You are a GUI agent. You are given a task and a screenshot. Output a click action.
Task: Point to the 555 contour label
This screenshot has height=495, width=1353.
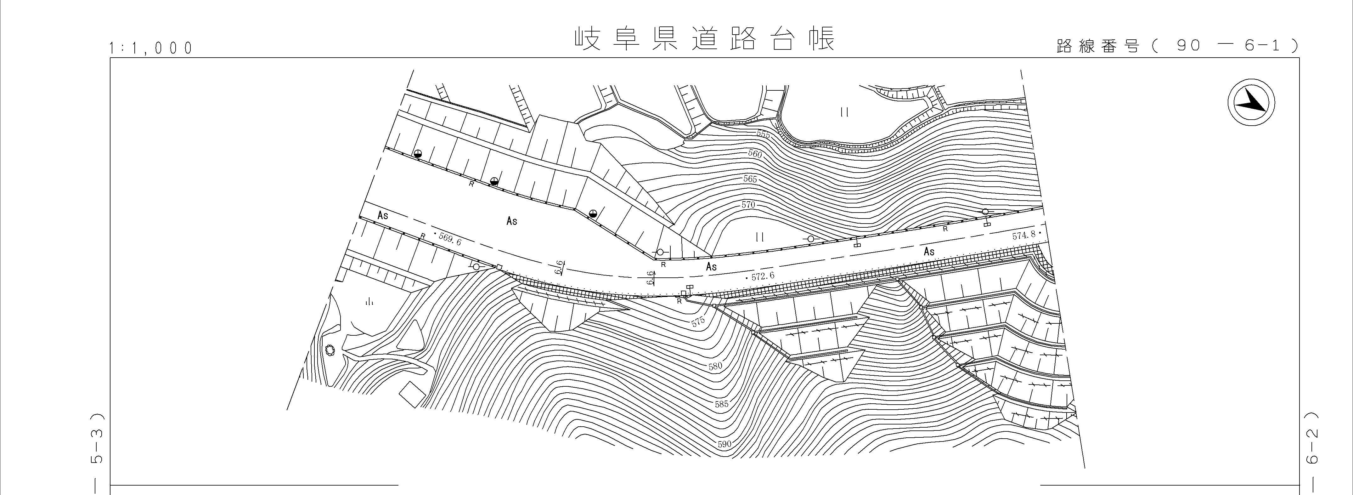(763, 134)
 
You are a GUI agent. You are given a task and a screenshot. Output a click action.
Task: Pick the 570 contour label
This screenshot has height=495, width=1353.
(748, 204)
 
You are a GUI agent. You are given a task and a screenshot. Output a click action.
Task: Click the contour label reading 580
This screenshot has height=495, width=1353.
(715, 366)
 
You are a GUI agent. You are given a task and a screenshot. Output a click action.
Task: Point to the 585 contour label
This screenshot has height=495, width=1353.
(722, 404)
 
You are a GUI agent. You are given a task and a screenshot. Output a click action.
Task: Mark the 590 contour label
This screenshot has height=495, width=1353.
(724, 444)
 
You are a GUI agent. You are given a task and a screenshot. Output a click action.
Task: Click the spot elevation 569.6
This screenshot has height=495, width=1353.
(449, 239)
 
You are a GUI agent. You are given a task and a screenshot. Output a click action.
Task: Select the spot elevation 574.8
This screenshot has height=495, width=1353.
(1024, 236)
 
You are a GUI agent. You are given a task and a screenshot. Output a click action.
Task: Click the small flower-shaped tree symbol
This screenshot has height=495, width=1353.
(330, 350)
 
